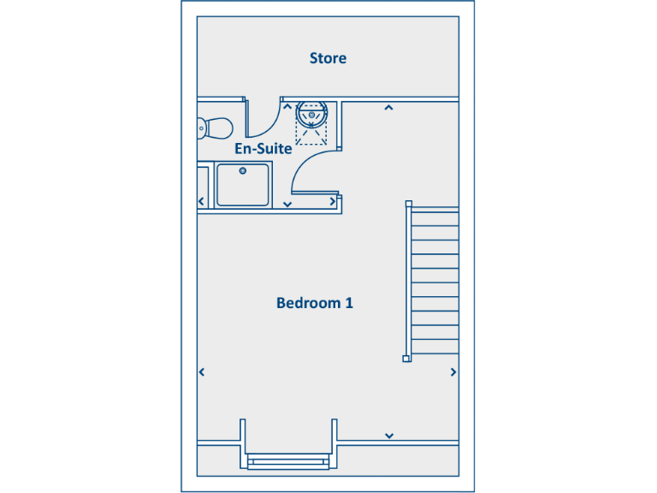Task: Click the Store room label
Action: point(328,58)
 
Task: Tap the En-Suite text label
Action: point(263,148)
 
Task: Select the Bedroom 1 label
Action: point(315,303)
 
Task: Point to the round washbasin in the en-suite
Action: point(312,113)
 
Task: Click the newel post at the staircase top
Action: point(408,204)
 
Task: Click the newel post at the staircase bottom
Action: point(407,359)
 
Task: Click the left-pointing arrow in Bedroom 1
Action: point(202,372)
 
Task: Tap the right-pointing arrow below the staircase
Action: point(453,372)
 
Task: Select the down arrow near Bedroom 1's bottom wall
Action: point(389,436)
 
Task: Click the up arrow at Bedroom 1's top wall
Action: point(388,108)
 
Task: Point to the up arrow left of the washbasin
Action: point(287,108)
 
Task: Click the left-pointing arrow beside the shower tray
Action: point(202,202)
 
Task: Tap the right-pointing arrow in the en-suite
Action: point(333,202)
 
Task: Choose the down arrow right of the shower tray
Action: point(287,205)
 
